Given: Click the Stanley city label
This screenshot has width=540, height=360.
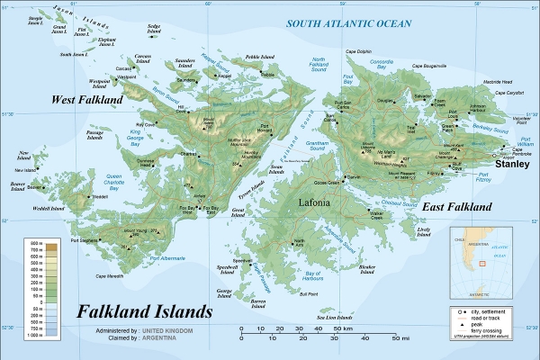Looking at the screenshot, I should pyautogui.click(x=510, y=165).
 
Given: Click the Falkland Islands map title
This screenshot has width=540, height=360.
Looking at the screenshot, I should pyautogui.click(x=144, y=311).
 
